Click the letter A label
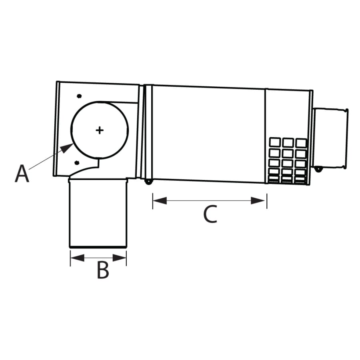22,174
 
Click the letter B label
103,271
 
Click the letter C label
210,214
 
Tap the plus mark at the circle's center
100,130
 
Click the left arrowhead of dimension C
159,200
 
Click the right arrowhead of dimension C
260,200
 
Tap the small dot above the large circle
79,96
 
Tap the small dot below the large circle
77,162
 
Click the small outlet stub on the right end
330,138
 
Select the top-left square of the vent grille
275,143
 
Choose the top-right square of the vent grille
301,143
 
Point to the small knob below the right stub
318,170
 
